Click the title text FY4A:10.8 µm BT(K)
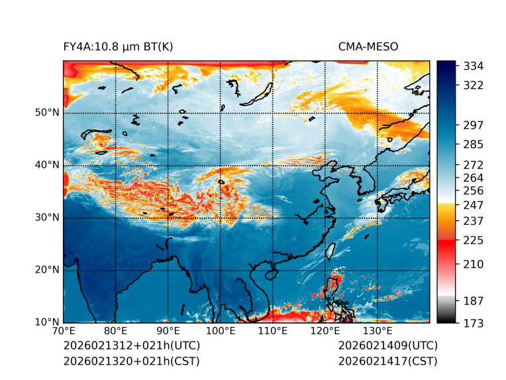coord(118,47)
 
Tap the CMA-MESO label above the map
coord(368,47)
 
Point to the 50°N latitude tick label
coord(47,113)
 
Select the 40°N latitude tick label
coord(47,165)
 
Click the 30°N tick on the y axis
coord(47,218)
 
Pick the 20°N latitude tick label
coord(47,270)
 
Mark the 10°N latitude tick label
coord(47,322)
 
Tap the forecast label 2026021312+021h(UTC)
coord(131,346)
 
